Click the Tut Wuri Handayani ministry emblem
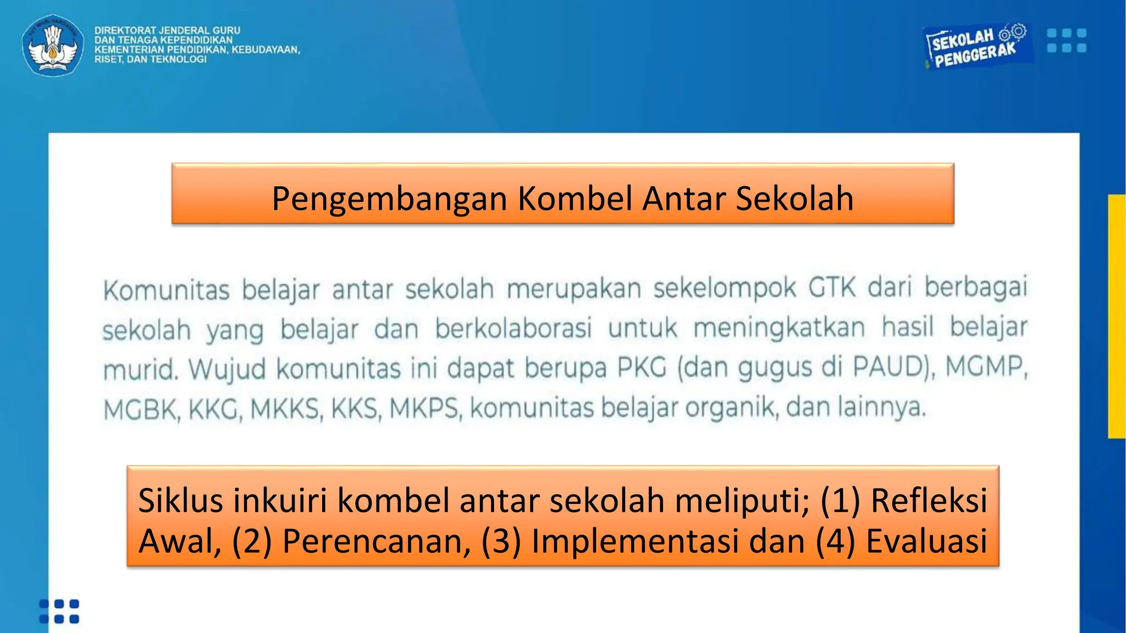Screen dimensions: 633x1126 53,45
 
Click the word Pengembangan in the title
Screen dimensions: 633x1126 389,198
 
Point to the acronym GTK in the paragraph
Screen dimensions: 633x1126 832,287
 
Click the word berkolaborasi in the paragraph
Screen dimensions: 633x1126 514,329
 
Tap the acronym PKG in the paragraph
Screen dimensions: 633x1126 642,368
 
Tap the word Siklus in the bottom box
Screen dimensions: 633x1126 181,501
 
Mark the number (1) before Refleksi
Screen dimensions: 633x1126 840,501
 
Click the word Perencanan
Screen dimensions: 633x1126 377,541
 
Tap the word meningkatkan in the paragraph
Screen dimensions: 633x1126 779,328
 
